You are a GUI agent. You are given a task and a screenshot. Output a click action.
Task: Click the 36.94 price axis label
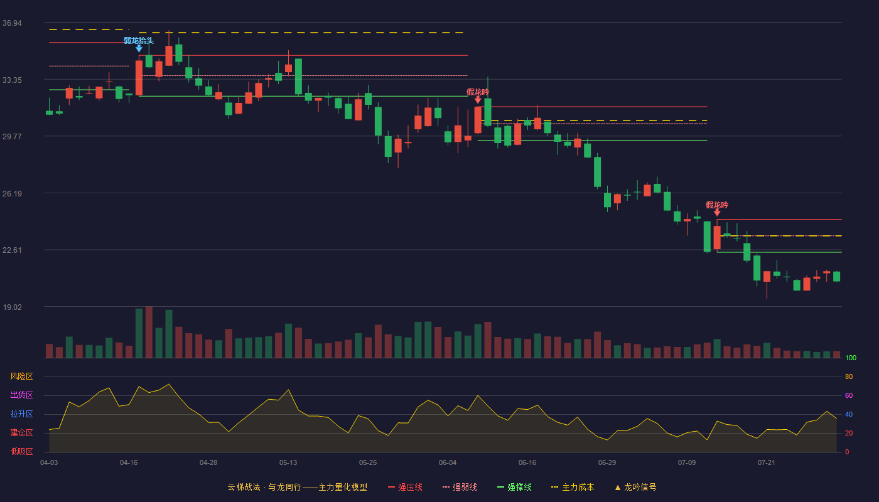(x=12, y=23)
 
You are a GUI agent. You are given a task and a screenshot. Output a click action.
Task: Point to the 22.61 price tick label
(x=12, y=250)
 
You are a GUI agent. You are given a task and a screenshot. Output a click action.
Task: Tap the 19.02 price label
(x=12, y=307)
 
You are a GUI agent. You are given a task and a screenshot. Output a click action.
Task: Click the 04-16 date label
(x=129, y=463)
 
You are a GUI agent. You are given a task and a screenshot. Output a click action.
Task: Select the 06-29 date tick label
(x=607, y=463)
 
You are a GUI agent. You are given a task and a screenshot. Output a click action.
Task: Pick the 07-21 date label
(x=767, y=463)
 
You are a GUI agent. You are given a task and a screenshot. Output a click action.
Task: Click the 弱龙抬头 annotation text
(x=139, y=40)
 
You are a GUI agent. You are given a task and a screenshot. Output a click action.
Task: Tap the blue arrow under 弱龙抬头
(x=139, y=48)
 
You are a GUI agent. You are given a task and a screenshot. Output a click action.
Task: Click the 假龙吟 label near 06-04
(x=478, y=92)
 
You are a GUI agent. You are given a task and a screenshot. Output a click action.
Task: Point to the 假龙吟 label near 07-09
(x=717, y=205)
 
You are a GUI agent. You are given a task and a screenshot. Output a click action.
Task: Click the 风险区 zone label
(x=21, y=376)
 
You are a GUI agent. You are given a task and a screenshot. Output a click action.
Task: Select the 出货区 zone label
(x=21, y=395)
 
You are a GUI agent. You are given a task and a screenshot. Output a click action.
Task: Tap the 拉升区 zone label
(x=21, y=414)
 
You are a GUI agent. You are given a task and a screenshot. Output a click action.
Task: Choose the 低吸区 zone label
(x=21, y=451)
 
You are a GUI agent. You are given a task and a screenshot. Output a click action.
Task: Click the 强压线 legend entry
(x=405, y=487)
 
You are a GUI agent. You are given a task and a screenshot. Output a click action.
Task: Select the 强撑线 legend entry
(x=514, y=487)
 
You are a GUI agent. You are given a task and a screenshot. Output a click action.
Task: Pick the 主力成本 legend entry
(x=573, y=487)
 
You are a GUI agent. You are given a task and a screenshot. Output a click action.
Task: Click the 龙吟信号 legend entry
(x=635, y=487)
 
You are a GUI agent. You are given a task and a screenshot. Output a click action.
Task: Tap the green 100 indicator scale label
(x=851, y=358)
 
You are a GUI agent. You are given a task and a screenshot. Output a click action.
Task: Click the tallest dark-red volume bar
(x=149, y=332)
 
